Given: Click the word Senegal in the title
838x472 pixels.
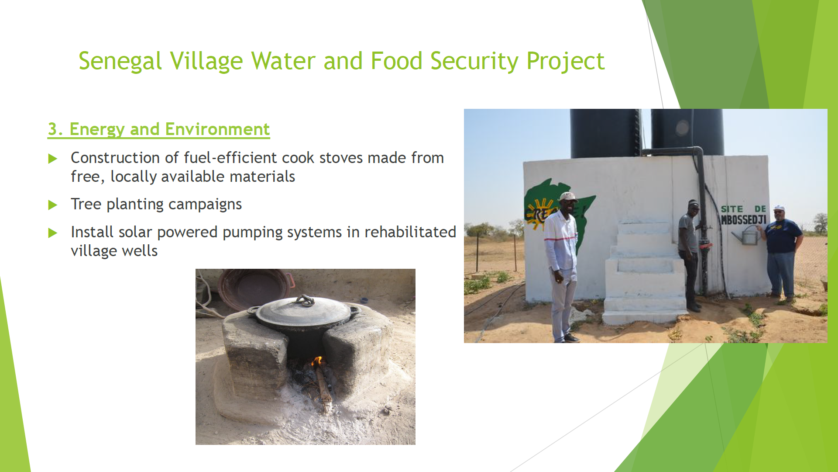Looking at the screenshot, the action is (x=120, y=61).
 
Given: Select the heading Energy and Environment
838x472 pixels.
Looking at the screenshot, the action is (x=159, y=129).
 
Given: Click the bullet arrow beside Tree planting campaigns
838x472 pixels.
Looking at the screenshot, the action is (x=53, y=205).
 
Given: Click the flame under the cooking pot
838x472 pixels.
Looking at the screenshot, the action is (x=318, y=361).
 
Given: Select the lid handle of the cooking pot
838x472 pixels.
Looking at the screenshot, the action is (x=305, y=300).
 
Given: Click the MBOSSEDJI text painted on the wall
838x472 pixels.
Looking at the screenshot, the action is (x=743, y=219).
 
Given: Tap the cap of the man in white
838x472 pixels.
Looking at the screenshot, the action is (x=568, y=197).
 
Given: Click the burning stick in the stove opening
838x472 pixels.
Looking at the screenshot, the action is (x=323, y=387).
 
